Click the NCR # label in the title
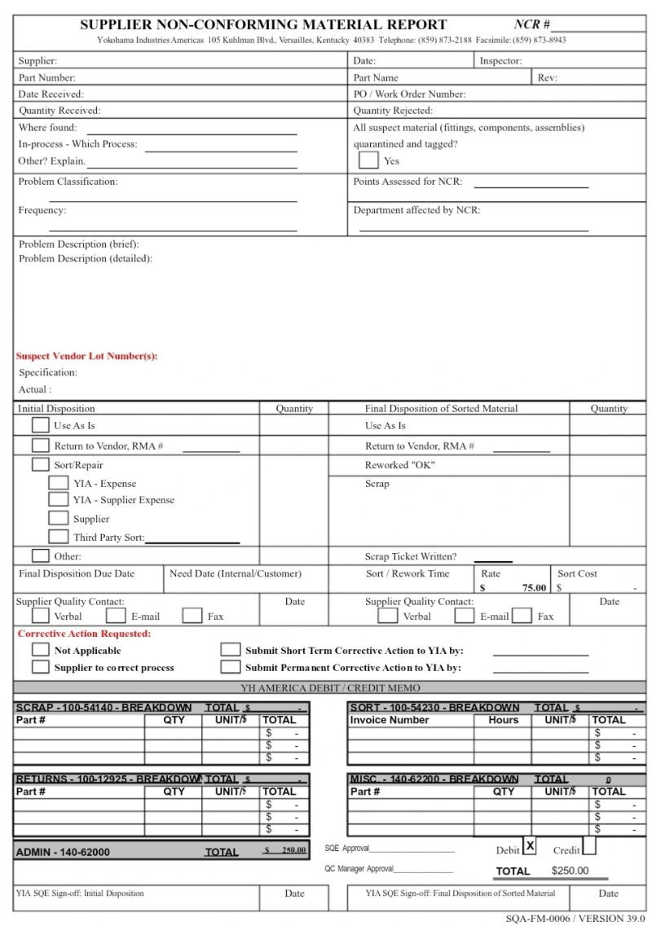point(531,24)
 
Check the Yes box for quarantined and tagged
point(368,160)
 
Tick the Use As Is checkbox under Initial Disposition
point(40,425)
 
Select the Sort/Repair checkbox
point(40,465)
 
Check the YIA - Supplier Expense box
point(58,500)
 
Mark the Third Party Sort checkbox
point(58,537)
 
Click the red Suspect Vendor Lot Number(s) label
point(86,356)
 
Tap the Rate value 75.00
point(534,587)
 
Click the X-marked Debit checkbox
point(530,846)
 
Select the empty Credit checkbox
point(589,846)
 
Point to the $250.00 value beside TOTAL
point(570,871)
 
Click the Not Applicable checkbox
point(40,650)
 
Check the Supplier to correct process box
point(40,667)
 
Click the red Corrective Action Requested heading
point(84,633)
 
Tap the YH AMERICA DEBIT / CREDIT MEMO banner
point(330,688)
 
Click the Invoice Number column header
point(390,720)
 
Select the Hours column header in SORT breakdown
point(503,720)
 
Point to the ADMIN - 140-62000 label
point(63,852)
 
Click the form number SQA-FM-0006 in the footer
point(538,918)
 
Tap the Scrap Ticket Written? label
point(411,557)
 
